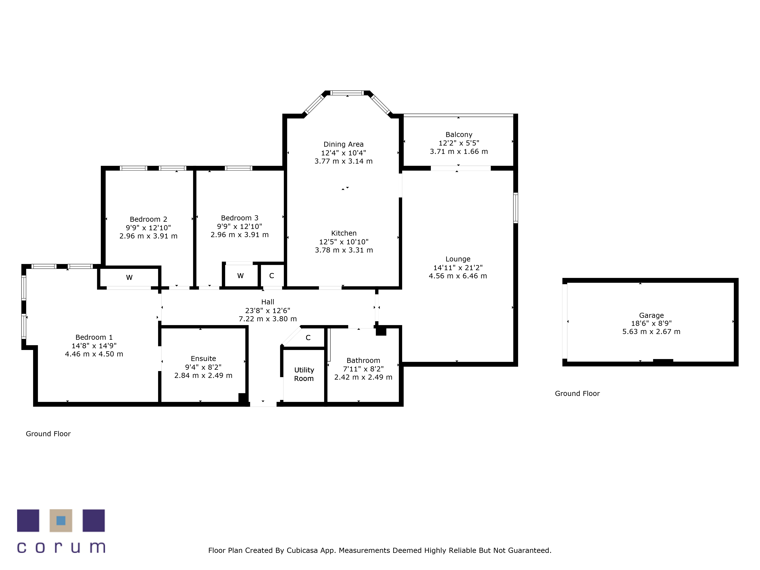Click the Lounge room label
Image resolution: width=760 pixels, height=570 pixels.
[458, 259]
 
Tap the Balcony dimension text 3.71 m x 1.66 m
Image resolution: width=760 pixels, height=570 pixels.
[459, 151]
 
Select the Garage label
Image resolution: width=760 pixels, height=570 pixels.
[652, 315]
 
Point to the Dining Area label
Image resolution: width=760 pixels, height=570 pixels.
[344, 144]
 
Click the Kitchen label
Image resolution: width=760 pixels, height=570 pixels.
[344, 233]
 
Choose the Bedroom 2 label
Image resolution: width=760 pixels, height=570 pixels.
[148, 219]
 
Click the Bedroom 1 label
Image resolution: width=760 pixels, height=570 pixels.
[94, 337]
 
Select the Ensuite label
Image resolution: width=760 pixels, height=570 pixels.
[203, 359]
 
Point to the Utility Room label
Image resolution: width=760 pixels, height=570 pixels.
[304, 374]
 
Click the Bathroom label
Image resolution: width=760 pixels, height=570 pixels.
[363, 360]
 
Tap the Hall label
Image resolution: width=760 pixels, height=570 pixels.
[268, 302]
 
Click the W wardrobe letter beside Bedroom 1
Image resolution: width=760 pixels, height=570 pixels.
[129, 278]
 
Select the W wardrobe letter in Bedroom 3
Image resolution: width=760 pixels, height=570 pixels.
[241, 276]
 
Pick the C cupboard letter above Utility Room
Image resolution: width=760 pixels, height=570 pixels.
[308, 338]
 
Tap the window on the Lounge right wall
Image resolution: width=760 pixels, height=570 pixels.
[516, 208]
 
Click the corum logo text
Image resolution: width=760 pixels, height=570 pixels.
[61, 547]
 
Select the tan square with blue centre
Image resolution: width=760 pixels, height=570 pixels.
[61, 521]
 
